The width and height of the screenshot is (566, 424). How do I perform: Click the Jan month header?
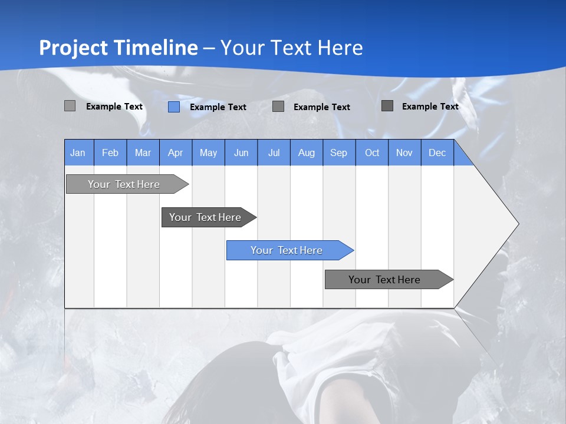(x=78, y=153)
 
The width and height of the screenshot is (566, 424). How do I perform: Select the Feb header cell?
(x=110, y=153)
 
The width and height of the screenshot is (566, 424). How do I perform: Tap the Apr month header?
(x=176, y=153)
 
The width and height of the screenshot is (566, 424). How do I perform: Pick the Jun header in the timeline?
(x=241, y=153)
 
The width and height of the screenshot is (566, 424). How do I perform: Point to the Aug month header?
(x=307, y=153)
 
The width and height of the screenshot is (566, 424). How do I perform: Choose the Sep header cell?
(x=339, y=153)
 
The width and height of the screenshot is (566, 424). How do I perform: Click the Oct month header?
(x=372, y=153)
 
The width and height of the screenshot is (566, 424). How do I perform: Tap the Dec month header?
(x=437, y=153)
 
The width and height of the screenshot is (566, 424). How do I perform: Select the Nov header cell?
(x=404, y=153)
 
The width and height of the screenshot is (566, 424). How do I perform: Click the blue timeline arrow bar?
(x=289, y=250)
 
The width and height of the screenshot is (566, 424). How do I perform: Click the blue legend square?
(x=174, y=107)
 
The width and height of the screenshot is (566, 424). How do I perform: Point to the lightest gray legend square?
(x=70, y=106)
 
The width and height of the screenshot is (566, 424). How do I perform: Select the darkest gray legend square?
(x=387, y=106)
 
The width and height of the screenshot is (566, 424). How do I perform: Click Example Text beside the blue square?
(x=218, y=107)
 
